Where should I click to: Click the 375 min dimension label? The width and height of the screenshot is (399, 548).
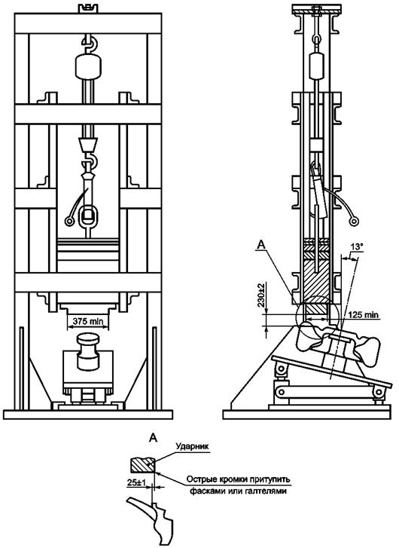(87, 321)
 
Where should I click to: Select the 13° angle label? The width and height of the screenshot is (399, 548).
(357, 246)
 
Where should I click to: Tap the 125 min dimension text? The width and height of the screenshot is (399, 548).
(362, 315)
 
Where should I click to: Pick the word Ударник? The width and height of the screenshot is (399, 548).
(193, 446)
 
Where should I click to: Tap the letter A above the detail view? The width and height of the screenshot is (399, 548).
(153, 437)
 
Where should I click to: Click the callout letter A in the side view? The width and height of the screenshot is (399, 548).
(260, 246)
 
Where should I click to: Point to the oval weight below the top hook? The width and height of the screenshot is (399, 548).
(90, 66)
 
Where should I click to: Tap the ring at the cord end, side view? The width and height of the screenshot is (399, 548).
(355, 221)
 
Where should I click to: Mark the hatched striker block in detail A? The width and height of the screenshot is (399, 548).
(142, 464)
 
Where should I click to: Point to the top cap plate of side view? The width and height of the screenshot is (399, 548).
(317, 10)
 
